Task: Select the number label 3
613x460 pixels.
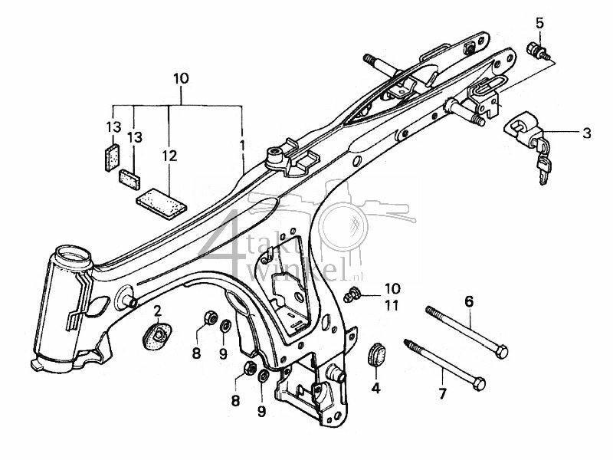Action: coord(586,133)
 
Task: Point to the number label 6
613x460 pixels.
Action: coord(467,301)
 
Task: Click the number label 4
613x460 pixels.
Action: coord(375,388)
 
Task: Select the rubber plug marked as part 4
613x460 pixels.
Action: coord(375,354)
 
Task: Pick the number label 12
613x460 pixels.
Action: coord(169,156)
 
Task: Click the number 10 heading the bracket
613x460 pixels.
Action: coord(180,78)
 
